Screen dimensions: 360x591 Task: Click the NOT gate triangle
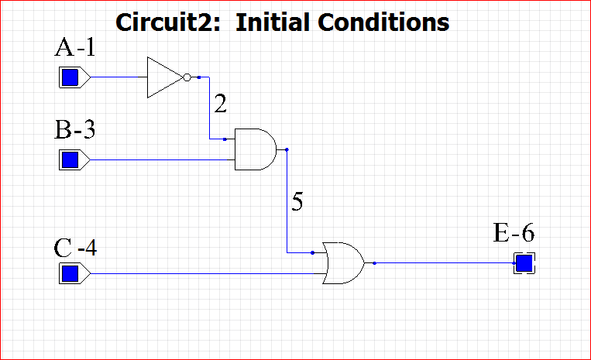[163, 77]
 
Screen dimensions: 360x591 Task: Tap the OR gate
[344, 263]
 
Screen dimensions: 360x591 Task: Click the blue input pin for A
[70, 77]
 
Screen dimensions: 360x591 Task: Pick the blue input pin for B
[70, 160]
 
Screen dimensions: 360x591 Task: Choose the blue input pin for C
[70, 273]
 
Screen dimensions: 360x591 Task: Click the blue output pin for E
[524, 263]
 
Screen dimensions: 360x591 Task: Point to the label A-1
[74, 49]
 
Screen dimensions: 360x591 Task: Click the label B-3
[75, 129]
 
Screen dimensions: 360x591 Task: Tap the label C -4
[75, 249]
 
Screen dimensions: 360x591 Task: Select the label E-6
[514, 232]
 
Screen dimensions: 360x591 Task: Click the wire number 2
[221, 104]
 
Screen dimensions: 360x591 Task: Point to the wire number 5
[297, 202]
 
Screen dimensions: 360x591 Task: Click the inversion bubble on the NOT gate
[187, 77]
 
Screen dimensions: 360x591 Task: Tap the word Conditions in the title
[387, 22]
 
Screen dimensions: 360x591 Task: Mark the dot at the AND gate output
[287, 149]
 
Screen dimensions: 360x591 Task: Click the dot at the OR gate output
[374, 263]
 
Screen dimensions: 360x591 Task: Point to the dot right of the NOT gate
[199, 77]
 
